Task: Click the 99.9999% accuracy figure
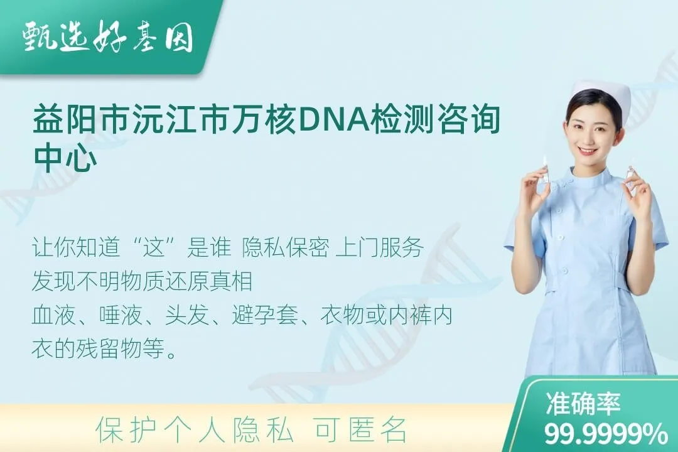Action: (x=605, y=433)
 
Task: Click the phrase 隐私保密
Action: (x=286, y=248)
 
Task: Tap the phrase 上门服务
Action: (x=379, y=248)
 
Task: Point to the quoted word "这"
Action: (x=154, y=248)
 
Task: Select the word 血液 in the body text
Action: (x=53, y=315)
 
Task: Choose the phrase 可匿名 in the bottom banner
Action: (x=362, y=430)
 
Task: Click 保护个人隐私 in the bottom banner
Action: (x=195, y=430)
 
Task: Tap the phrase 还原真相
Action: (x=208, y=282)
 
